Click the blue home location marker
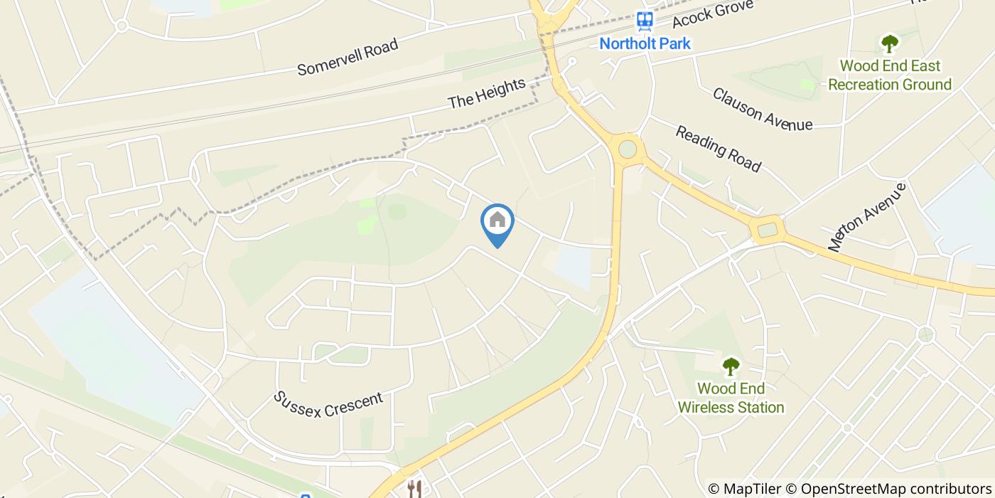coord(497,223)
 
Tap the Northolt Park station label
coord(645,43)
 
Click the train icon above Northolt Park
coord(645,21)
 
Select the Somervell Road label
coord(348,57)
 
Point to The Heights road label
coord(487,94)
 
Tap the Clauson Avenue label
coord(762,109)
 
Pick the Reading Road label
coord(718,149)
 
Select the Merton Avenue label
coord(867,216)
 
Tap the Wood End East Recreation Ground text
coord(890,75)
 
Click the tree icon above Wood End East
coord(890,44)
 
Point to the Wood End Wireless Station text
coord(731,398)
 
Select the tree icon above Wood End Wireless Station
coord(731,367)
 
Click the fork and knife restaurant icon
coord(415,489)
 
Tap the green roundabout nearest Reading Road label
coord(628,149)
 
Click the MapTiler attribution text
coord(743,489)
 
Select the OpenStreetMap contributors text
coord(888,489)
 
